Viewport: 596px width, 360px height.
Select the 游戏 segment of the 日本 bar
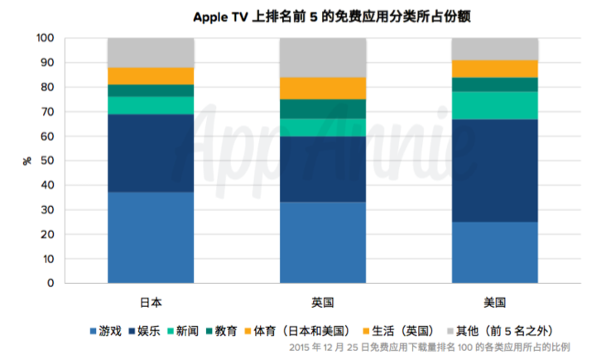151,238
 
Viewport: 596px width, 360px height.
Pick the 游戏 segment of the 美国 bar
494,252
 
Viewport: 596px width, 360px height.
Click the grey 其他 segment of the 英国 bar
322,57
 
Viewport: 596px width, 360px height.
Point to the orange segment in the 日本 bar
151,75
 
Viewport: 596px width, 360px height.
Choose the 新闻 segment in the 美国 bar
494,105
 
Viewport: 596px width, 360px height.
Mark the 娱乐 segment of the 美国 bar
494,170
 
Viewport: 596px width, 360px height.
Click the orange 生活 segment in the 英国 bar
322,88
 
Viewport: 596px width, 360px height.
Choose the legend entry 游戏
105,331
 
